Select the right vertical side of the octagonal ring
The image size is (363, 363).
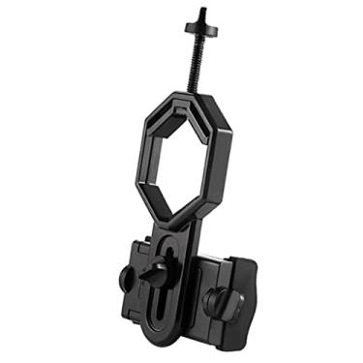point(224,155)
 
